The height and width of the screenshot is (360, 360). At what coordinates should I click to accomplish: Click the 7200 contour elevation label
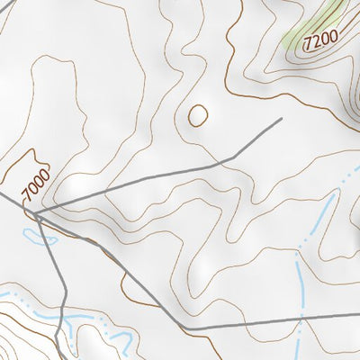pyautogui.click(x=320, y=40)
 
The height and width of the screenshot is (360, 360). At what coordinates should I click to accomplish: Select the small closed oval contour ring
pyautogui.click(x=196, y=114)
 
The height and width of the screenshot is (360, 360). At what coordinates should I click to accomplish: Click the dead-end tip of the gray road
pyautogui.click(x=282, y=118)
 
